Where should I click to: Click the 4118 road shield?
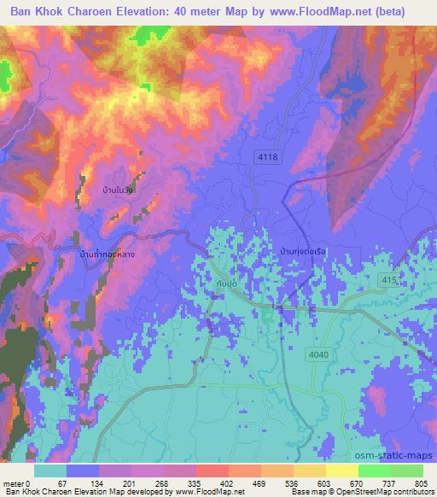pyautogui.click(x=269, y=158)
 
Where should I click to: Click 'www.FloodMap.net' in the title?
pyautogui.click(x=319, y=13)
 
